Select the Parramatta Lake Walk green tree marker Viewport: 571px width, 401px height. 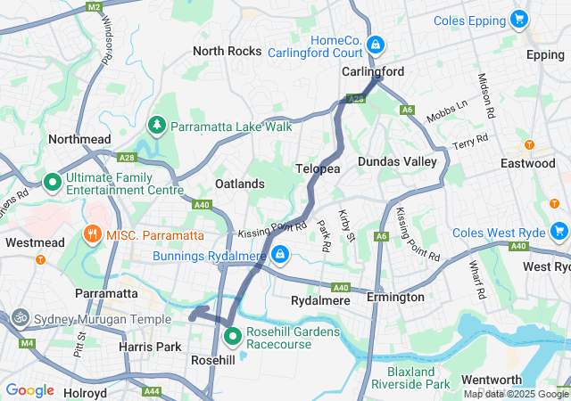coord(158,126)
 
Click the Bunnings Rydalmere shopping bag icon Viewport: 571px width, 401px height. coord(281,256)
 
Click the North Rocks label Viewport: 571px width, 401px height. coord(228,51)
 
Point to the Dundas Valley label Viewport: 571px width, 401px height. coord(397,161)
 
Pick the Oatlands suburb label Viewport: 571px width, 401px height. coord(240,184)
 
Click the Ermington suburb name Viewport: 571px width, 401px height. coord(395,297)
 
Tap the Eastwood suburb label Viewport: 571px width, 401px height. coord(528,163)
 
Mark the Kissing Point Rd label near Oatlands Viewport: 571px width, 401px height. coord(273,230)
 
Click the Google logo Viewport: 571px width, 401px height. coord(29,389)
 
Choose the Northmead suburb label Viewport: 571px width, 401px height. coord(79,139)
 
